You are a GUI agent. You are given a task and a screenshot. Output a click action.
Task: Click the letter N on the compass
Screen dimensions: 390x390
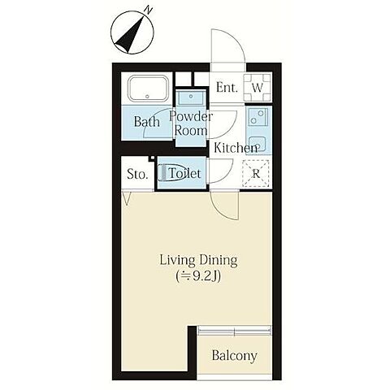click(x=148, y=11)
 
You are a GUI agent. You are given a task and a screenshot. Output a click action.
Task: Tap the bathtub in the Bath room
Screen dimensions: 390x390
click(x=148, y=89)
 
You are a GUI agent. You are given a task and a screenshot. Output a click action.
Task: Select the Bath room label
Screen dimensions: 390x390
click(x=147, y=122)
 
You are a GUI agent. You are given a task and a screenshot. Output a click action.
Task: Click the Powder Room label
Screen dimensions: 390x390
click(x=191, y=123)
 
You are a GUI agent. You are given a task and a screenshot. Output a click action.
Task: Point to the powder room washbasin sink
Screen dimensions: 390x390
click(x=191, y=97)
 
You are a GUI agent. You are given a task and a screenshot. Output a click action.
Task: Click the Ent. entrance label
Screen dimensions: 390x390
click(x=227, y=88)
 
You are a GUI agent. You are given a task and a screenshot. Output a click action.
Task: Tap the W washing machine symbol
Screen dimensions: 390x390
click(x=258, y=87)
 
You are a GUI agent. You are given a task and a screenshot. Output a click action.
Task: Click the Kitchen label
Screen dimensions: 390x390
click(x=236, y=148)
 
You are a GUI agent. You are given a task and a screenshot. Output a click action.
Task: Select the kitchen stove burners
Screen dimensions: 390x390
click(x=258, y=117)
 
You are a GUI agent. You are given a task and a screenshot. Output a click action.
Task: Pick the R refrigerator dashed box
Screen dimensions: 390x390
click(x=256, y=174)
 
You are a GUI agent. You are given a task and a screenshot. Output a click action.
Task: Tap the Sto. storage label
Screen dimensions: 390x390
click(x=137, y=175)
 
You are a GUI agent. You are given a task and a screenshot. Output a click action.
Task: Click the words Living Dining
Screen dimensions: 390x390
click(x=199, y=260)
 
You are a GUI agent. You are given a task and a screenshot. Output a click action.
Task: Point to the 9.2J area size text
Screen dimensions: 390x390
click(x=198, y=276)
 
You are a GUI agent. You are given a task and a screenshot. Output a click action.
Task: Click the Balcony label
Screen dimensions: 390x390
click(x=234, y=356)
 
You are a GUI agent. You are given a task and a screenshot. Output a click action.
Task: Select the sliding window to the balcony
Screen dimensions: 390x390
click(x=235, y=331)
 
